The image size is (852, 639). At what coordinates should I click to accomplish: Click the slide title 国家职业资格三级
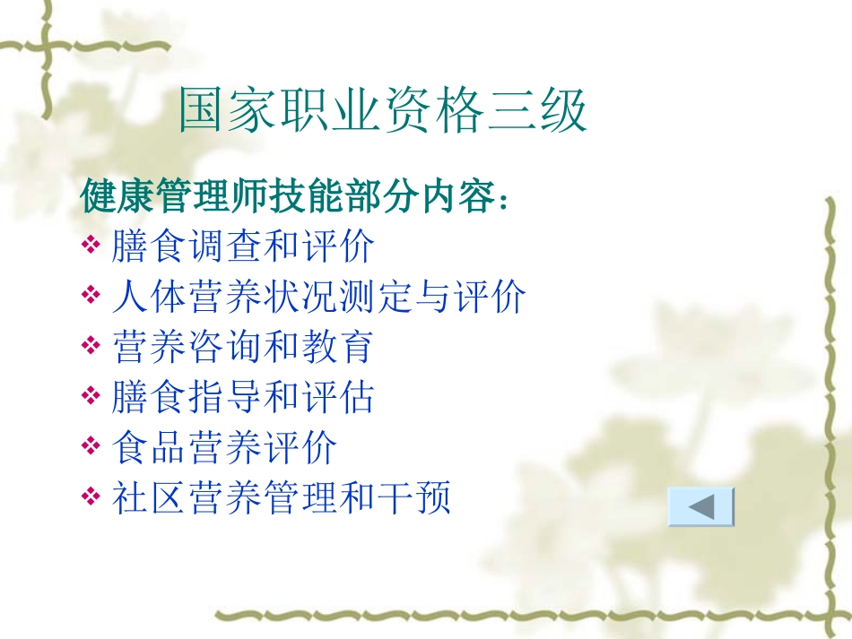coord(383,112)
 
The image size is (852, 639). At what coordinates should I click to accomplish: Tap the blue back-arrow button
coord(701,507)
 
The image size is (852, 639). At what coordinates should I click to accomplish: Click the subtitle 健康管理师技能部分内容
coord(287,197)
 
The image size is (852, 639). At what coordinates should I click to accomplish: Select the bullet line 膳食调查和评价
coord(242,246)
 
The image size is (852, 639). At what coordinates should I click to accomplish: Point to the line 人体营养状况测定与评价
coord(318,297)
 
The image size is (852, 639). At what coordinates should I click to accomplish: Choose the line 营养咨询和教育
coord(242,347)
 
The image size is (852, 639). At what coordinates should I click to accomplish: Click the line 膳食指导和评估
coord(242,397)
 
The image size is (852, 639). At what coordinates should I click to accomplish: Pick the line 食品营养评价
coord(224,447)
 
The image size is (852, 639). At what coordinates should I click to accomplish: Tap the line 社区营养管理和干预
coord(281,497)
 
